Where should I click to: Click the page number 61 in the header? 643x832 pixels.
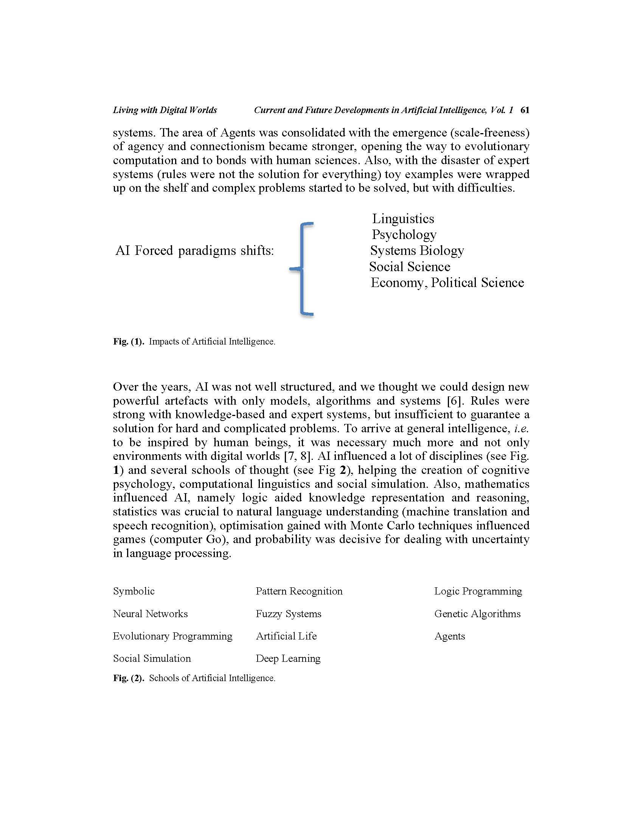(525, 110)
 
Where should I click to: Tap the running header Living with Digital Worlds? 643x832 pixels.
(165, 110)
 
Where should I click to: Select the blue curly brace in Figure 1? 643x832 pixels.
(303, 269)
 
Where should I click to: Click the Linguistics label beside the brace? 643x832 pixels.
(403, 219)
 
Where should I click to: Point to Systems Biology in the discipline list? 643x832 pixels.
(417, 251)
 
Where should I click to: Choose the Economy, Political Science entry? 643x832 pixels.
(447, 283)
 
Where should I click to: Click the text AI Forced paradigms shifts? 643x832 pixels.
(195, 251)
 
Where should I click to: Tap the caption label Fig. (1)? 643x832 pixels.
(128, 342)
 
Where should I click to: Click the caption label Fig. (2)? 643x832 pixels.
(128, 678)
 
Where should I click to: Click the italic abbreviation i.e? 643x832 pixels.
(521, 428)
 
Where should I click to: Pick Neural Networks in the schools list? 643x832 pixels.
(150, 614)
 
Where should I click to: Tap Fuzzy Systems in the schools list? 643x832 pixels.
(288, 614)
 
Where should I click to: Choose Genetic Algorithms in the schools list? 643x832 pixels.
(477, 614)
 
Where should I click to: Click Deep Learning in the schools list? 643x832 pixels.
(288, 659)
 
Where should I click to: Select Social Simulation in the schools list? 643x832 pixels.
(152, 658)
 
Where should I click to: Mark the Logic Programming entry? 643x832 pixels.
(478, 591)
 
